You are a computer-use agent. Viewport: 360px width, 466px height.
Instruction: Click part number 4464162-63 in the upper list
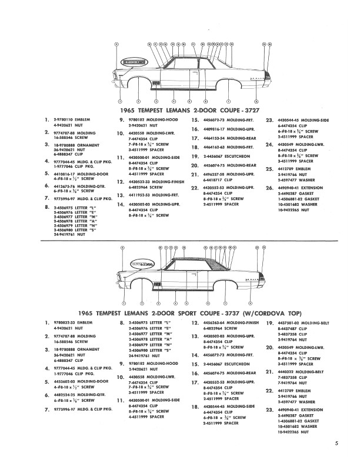pos(213,147)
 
